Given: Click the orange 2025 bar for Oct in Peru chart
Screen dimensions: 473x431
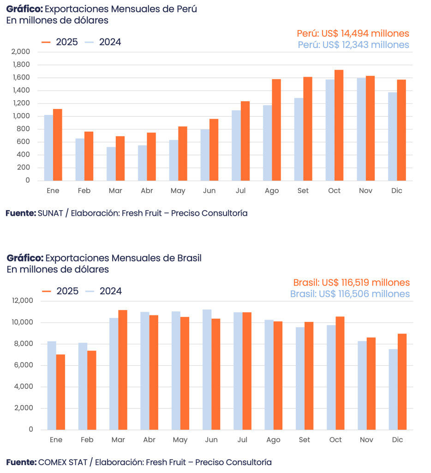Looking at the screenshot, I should tap(339, 126).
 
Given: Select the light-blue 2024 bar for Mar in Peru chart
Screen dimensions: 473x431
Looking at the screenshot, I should tap(111, 164).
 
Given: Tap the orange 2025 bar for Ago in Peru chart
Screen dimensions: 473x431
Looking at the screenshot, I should tap(276, 130).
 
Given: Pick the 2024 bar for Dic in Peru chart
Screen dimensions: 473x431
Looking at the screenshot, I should tap(392, 136).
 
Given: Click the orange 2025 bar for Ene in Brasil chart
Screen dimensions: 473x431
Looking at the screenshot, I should tap(61, 392).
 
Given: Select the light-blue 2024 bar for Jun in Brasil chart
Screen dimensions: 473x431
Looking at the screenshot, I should tap(207, 370).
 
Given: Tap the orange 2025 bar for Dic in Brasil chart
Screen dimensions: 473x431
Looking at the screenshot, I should tap(402, 382).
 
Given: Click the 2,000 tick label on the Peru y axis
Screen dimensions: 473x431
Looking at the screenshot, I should tap(20, 52).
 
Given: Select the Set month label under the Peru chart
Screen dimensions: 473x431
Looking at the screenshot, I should tap(303, 191).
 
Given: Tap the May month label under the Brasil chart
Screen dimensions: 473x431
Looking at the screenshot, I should tap(180, 440).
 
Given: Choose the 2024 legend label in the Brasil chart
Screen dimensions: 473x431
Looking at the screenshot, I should tap(110, 291).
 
